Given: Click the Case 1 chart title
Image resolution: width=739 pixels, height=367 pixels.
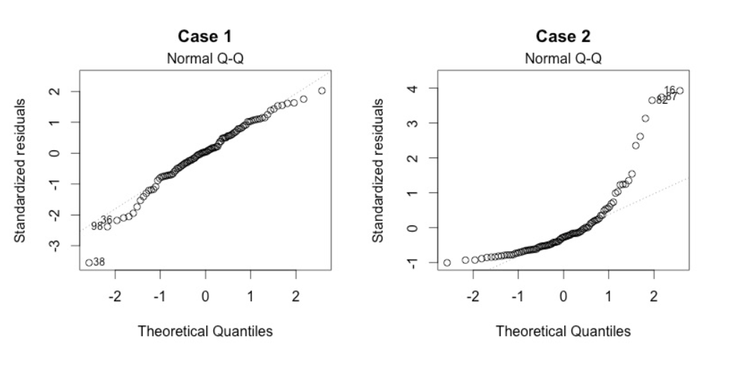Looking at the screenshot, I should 205,36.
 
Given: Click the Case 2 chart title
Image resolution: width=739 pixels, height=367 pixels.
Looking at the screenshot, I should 563,36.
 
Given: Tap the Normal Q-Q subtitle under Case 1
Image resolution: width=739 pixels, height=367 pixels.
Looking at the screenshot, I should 205,58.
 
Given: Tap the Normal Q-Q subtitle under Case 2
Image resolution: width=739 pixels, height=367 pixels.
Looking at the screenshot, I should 563,58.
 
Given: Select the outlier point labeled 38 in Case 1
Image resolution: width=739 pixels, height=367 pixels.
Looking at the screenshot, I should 89,263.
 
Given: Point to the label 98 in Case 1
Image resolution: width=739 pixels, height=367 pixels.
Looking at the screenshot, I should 97,227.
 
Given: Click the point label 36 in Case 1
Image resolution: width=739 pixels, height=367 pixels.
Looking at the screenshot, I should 106,220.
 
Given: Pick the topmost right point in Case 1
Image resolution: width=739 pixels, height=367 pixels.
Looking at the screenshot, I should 322,91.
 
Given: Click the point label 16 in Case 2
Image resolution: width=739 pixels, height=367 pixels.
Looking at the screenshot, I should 670,90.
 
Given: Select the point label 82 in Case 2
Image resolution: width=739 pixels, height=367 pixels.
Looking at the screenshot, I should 662,100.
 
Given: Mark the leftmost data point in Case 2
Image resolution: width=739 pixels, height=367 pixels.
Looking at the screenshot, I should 447,263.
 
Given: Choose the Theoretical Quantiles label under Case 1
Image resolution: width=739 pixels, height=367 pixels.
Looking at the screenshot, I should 205,331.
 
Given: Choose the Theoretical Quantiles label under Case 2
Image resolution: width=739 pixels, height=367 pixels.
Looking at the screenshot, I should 563,331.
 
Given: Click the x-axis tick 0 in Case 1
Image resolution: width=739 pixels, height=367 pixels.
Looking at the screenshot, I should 206,297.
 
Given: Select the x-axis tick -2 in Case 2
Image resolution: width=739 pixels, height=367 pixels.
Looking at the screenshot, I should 473,297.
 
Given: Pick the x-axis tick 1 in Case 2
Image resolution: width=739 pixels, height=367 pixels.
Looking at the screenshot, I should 608,297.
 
